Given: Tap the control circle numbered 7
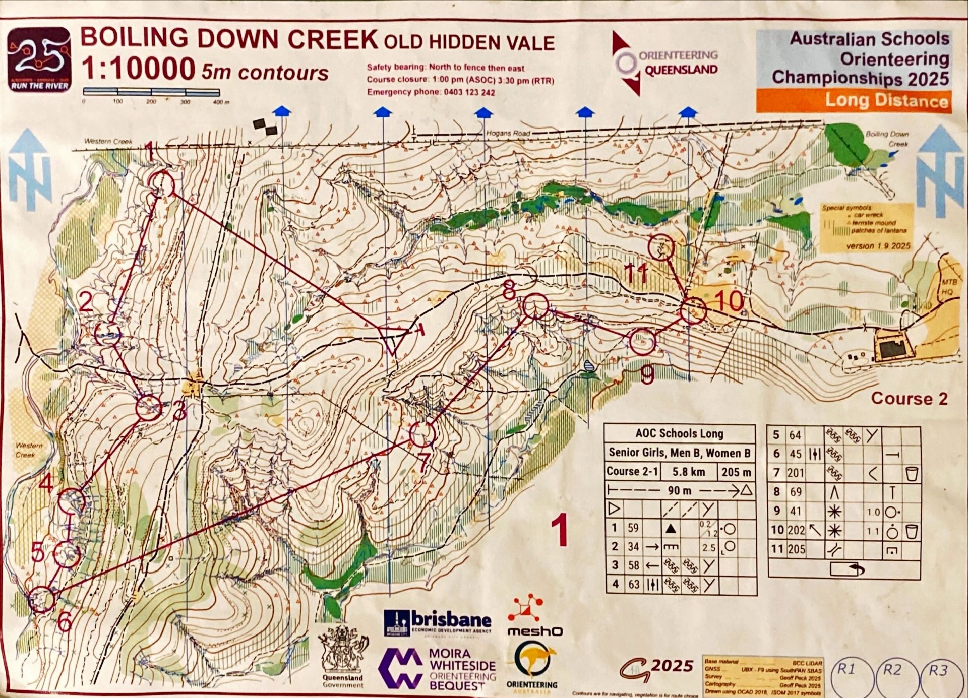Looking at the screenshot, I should click(422, 433).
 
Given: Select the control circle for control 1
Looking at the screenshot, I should click(162, 184).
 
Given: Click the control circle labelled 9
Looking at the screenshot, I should click(642, 342).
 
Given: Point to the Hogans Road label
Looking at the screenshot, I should click(508, 134).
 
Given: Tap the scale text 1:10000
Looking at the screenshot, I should click(138, 69).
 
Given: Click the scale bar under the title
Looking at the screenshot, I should click(151, 92).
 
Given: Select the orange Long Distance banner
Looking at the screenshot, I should click(854, 101).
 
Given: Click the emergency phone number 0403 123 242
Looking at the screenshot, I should click(469, 92).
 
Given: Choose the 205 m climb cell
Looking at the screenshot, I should click(736, 472).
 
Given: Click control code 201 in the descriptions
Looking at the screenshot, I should click(796, 473).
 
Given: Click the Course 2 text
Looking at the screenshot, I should click(909, 399).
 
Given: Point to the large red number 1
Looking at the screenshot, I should click(560, 531).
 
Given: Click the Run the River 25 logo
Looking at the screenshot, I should click(39, 59).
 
